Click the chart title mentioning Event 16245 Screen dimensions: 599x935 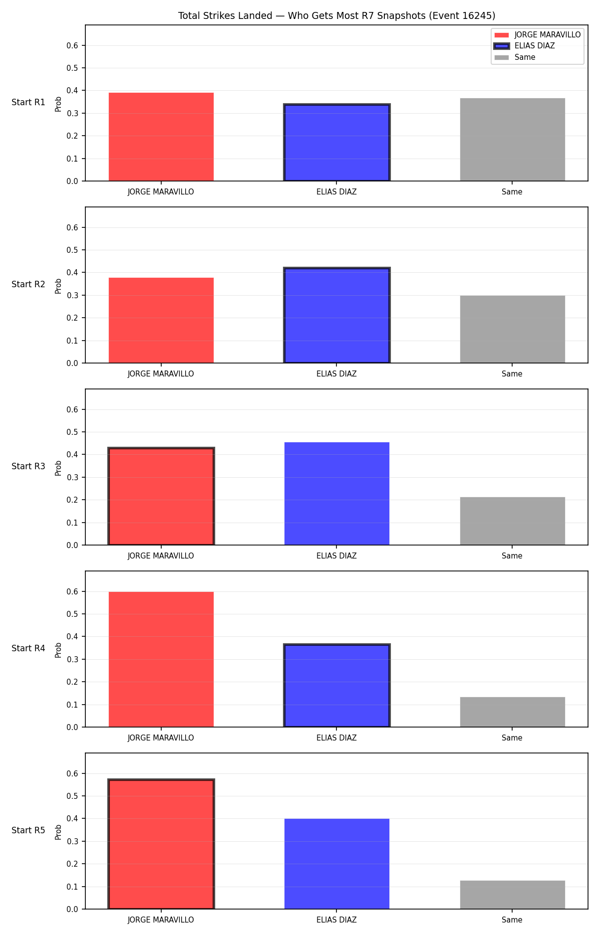pos(337,15)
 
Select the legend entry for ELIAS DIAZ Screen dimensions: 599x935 pos(524,46)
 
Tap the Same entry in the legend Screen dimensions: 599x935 pos(515,57)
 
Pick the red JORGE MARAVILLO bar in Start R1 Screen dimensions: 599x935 pos(161,137)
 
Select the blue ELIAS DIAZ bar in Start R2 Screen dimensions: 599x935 pos(337,315)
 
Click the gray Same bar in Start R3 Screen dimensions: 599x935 pos(513,521)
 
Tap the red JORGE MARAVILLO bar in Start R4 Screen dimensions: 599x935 pos(161,659)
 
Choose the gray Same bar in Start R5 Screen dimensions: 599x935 pos(513,895)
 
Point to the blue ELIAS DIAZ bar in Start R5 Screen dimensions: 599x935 pos(337,864)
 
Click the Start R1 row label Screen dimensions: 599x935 pos(28,102)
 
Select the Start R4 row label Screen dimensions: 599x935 pos(28,648)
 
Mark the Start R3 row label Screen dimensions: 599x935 pos(28,466)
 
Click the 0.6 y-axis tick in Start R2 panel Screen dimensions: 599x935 pos(72,227)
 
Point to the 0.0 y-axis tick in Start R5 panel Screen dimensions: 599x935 pos(72,909)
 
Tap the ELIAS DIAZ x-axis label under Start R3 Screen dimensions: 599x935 pos(336,556)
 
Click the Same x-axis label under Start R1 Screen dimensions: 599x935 pos(512,192)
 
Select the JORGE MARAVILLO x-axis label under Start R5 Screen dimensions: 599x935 pos(161,920)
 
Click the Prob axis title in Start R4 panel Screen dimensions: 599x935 pos(58,650)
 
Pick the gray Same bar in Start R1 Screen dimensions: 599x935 pos(513,140)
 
